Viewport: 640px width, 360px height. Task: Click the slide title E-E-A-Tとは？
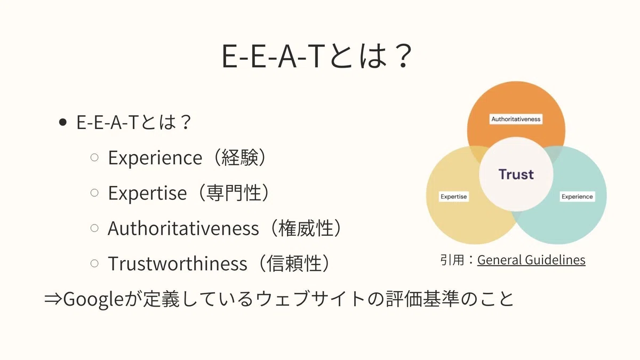click(x=317, y=56)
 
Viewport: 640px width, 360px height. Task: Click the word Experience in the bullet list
click(x=155, y=158)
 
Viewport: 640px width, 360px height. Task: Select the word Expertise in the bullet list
click(x=147, y=193)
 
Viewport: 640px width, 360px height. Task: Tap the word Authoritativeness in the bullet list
click(x=183, y=228)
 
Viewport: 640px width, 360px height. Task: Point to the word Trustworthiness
click(x=178, y=263)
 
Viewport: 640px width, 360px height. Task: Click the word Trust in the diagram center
click(x=516, y=174)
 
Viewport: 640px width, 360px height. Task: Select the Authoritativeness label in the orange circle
click(x=516, y=119)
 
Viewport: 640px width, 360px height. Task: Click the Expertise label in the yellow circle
click(x=454, y=197)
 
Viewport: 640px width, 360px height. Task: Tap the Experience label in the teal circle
click(x=577, y=197)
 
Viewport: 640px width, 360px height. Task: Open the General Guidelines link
click(x=531, y=260)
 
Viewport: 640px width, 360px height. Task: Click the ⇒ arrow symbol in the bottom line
click(x=53, y=299)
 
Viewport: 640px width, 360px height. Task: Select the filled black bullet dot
click(x=62, y=123)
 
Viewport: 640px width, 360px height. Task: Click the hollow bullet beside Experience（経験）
click(x=94, y=157)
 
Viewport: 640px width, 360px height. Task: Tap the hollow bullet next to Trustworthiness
click(x=94, y=263)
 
